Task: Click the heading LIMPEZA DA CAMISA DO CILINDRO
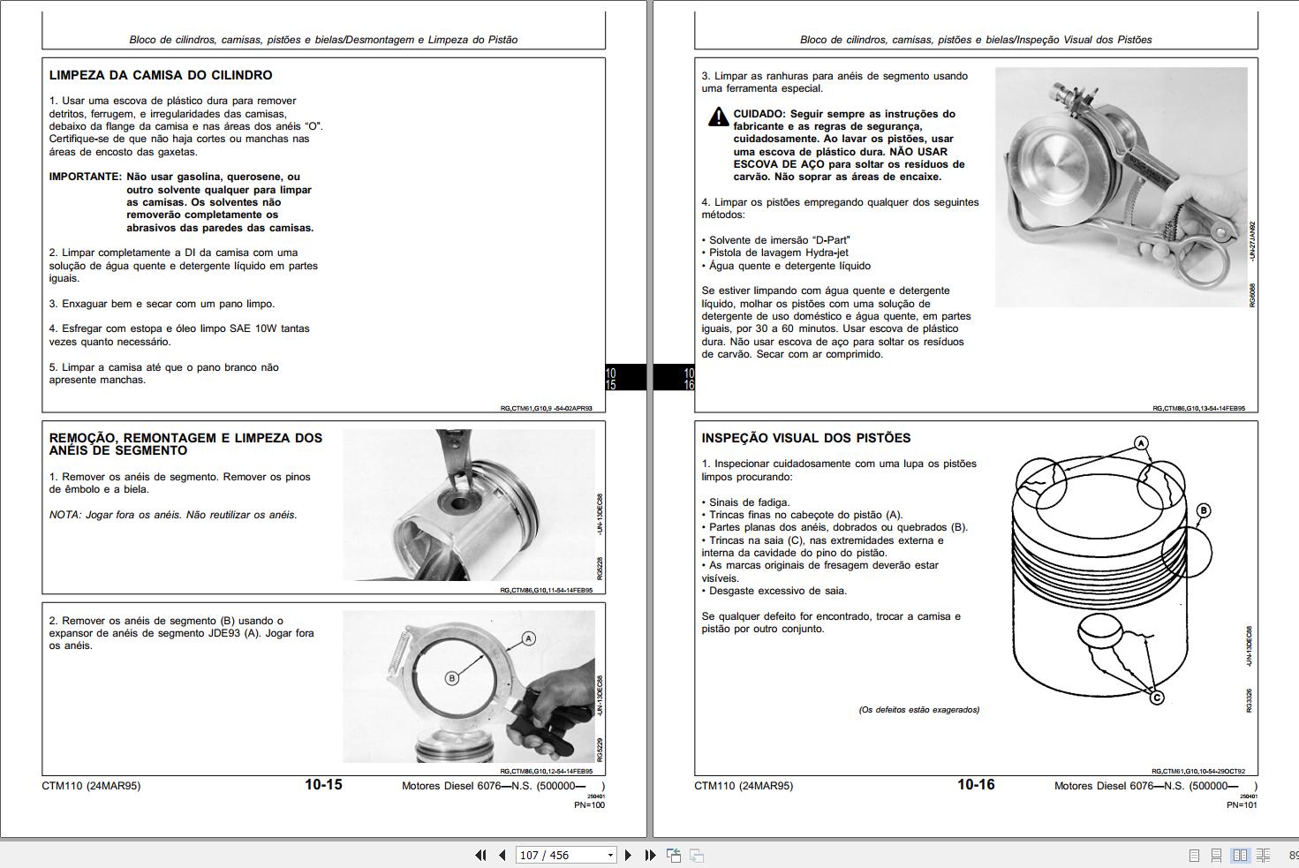click(160, 76)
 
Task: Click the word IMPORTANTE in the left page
click(84, 177)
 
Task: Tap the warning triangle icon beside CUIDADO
click(718, 117)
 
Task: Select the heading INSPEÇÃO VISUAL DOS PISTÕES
click(805, 438)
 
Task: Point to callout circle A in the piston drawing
click(1141, 443)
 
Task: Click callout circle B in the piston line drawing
click(1203, 510)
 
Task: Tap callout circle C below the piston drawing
click(1156, 698)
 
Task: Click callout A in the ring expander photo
click(528, 638)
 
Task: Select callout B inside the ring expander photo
click(451, 678)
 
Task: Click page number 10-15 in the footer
click(323, 785)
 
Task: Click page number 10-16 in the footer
click(976, 785)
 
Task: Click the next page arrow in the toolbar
click(628, 855)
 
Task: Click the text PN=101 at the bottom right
click(1242, 804)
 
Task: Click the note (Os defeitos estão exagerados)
click(918, 710)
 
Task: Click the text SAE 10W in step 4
click(253, 328)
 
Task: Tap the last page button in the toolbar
click(650, 855)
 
